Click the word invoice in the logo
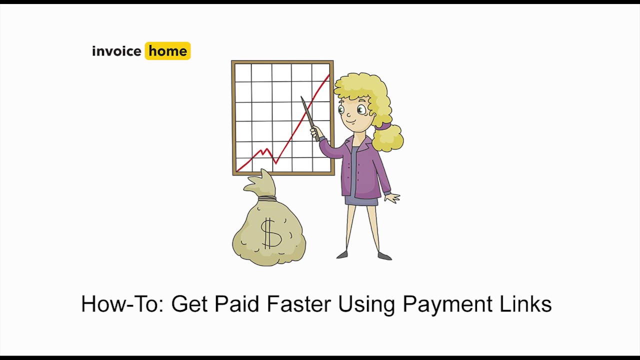click(116, 51)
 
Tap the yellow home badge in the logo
click(167, 51)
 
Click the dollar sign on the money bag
click(270, 233)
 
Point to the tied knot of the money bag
click(267, 198)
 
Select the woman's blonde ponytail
click(388, 137)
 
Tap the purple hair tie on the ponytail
click(382, 126)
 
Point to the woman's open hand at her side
click(393, 198)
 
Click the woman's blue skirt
click(361, 200)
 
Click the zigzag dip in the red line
click(274, 161)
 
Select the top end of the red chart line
click(328, 75)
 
